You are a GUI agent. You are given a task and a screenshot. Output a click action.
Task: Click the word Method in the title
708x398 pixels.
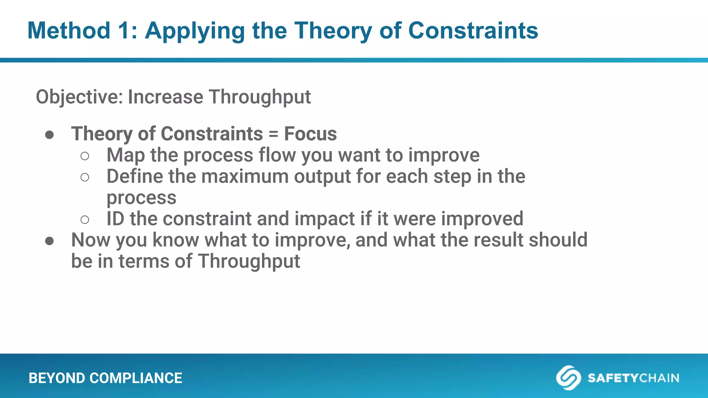pos(68,31)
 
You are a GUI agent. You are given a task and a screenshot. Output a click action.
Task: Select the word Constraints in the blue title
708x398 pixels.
pos(473,31)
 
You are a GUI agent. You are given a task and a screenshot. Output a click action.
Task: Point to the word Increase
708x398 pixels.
pos(165,97)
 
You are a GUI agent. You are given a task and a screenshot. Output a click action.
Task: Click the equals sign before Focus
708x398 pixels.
pos(273,134)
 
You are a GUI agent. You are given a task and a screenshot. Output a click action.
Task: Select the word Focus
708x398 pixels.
pos(310,134)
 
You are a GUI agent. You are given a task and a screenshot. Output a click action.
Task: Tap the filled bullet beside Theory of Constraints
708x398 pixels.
pos(49,135)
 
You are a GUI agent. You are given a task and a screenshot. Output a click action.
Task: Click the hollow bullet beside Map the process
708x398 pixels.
pos(85,156)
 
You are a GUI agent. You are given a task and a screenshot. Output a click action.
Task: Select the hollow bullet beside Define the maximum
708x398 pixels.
pos(85,178)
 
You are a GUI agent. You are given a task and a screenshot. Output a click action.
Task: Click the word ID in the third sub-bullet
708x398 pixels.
pos(115,219)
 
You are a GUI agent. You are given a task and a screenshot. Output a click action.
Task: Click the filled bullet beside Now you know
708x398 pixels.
pos(49,241)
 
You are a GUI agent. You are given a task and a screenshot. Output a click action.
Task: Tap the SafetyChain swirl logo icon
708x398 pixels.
pos(568,378)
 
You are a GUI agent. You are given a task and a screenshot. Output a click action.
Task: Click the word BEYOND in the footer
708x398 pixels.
pos(56,378)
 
